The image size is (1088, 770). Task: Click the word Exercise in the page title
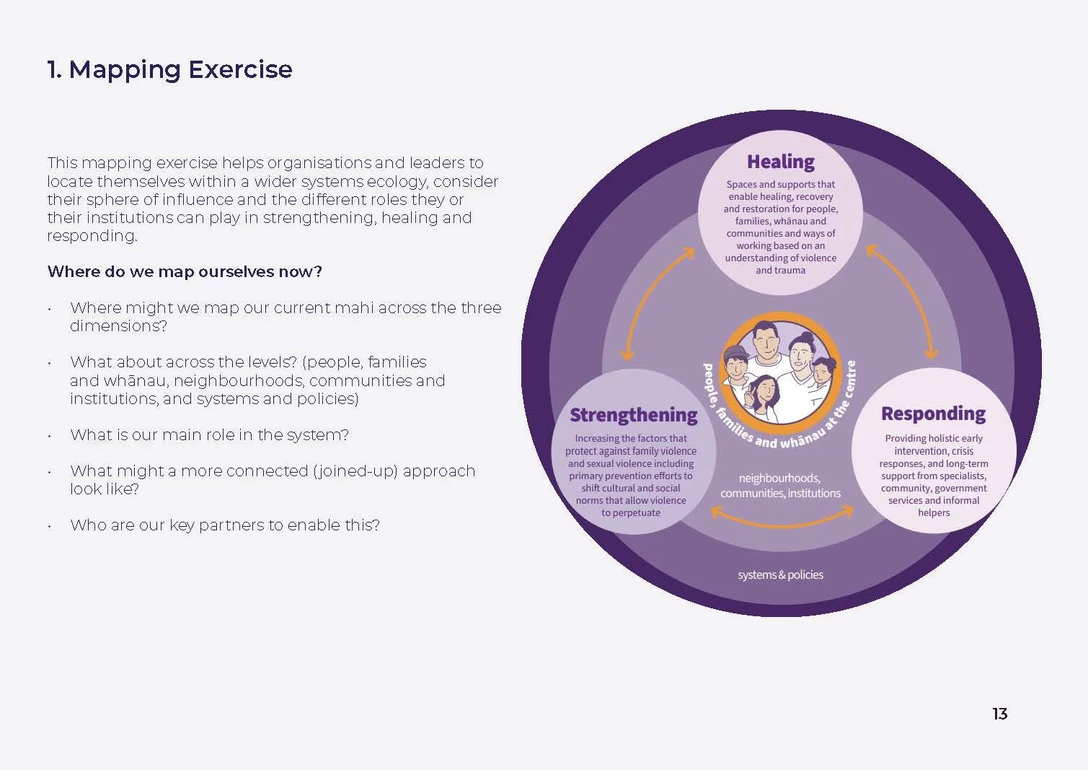pos(240,69)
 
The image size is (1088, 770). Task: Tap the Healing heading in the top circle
pos(780,162)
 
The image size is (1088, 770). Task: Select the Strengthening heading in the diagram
pos(633,415)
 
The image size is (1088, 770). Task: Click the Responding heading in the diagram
pos(933,414)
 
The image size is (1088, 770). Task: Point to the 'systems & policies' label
pos(780,575)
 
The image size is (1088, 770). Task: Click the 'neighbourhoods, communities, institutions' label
pos(780,486)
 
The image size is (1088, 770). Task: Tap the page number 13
pos(999,714)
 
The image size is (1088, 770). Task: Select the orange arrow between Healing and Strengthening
pos(658,304)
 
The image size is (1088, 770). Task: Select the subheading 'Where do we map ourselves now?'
pos(185,271)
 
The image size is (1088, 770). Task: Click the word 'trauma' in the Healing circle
pos(790,270)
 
